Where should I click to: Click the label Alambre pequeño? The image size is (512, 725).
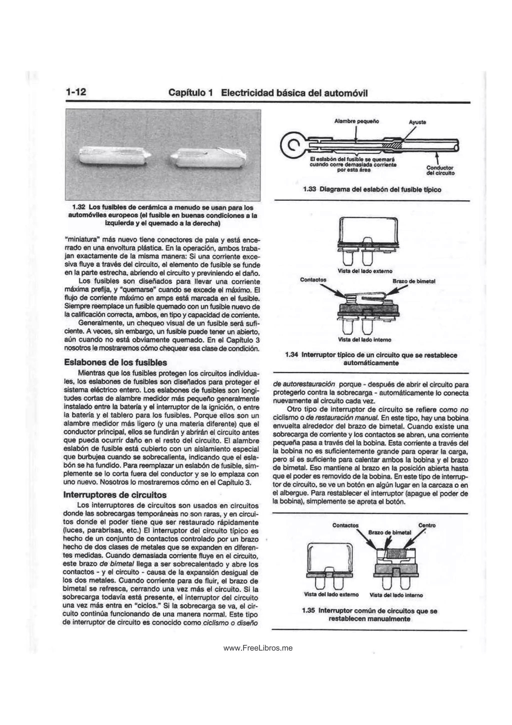(x=356, y=121)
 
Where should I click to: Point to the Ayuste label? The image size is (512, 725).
(x=417, y=122)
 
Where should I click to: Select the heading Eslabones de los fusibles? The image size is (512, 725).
(x=115, y=362)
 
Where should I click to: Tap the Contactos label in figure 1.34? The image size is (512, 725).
(x=313, y=279)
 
